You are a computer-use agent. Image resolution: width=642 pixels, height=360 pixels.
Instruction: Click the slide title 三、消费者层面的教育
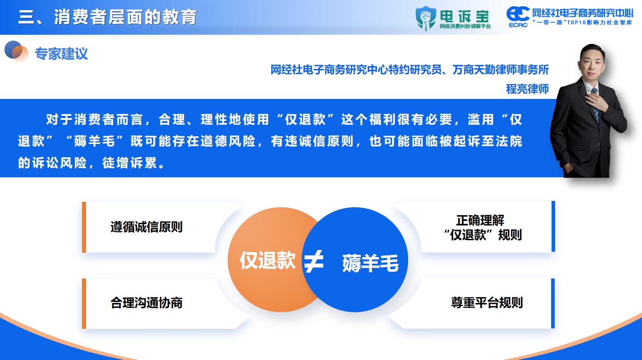pos(107,17)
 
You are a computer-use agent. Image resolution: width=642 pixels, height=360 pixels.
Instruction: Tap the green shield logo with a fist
pos(426,18)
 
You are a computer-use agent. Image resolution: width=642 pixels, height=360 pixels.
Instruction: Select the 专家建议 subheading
pos(61,53)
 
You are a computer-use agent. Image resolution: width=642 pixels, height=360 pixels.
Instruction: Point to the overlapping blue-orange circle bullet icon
pos(16,51)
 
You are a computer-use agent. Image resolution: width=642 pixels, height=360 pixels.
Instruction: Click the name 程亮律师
pos(528,89)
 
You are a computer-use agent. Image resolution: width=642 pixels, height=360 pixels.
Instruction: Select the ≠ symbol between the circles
pos(314,261)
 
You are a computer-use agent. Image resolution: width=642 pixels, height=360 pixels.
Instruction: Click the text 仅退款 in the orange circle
pos(267,260)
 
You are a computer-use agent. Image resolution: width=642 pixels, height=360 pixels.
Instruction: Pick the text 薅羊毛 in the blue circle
pos(370,263)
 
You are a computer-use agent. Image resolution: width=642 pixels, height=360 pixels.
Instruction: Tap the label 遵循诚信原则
pos(147,227)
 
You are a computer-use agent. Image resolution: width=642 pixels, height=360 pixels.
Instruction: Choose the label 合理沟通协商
pos(147,303)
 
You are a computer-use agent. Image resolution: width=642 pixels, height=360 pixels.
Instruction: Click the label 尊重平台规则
pos(487,303)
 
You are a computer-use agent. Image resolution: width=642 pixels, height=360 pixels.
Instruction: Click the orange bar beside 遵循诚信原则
pos(84,227)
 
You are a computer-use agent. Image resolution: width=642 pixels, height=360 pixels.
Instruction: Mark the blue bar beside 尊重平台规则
pos(553,303)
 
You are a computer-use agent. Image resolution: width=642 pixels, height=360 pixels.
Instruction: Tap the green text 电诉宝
pos(464,16)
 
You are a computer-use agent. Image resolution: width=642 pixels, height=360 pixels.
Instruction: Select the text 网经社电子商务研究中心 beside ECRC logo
pos(583,13)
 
